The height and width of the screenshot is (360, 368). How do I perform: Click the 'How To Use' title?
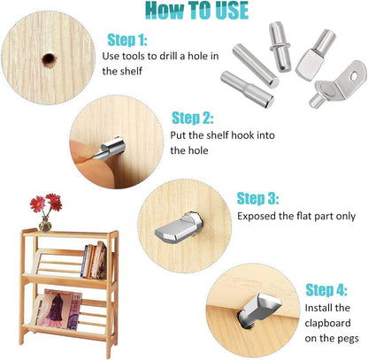click(x=184, y=11)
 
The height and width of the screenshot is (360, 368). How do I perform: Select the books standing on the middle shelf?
click(x=95, y=260)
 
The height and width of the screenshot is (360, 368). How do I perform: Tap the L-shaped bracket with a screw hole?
click(x=332, y=90)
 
